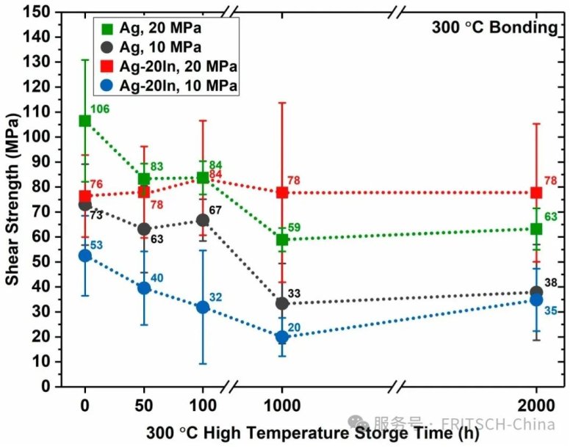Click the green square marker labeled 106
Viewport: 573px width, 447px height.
pyautogui.click(x=85, y=121)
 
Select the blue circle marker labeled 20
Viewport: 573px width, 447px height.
pyautogui.click(x=281, y=337)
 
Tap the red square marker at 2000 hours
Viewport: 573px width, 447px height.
pyautogui.click(x=536, y=192)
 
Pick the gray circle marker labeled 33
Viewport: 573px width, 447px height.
pyautogui.click(x=281, y=303)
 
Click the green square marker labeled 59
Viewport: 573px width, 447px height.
pyautogui.click(x=281, y=239)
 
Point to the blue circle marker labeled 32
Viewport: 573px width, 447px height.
pyautogui.click(x=202, y=307)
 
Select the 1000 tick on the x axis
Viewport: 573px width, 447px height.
pyautogui.click(x=281, y=404)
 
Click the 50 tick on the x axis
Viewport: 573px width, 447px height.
pyautogui.click(x=144, y=404)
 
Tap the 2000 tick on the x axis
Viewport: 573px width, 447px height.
pyautogui.click(x=536, y=404)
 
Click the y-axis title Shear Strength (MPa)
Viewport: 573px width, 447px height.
pyautogui.click(x=14, y=198)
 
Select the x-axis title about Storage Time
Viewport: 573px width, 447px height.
pyautogui.click(x=302, y=432)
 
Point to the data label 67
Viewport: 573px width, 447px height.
pyautogui.click(x=215, y=211)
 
